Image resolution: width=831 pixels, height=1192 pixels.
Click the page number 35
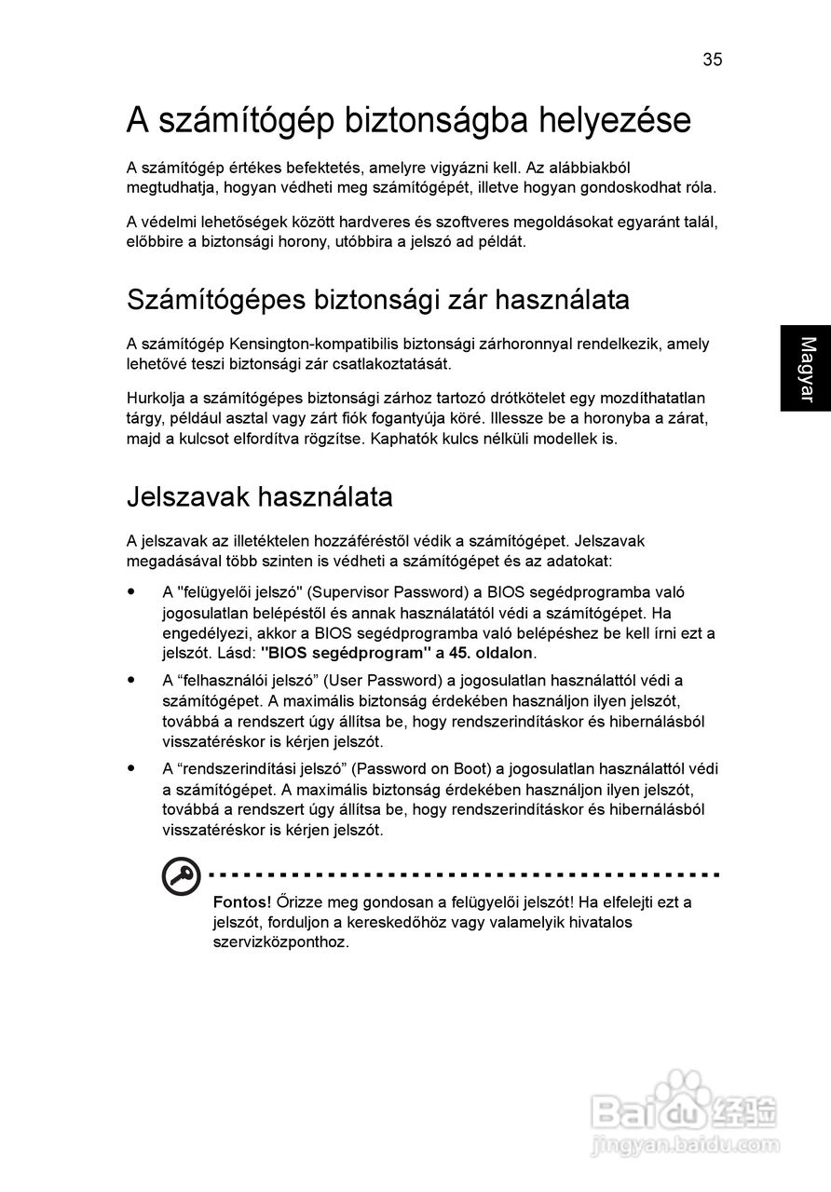713,60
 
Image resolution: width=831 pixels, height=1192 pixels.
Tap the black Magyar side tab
806,368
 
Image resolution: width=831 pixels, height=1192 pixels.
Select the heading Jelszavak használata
259,497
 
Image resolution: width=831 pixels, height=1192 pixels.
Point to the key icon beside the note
179,877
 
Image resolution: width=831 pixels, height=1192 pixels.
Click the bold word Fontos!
242,902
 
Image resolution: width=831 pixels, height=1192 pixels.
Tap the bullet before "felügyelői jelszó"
132,591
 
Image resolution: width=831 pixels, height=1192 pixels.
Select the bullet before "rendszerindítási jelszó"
132,769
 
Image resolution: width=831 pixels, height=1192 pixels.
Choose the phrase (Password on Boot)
425,769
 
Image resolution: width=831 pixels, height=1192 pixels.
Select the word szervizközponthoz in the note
281,941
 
